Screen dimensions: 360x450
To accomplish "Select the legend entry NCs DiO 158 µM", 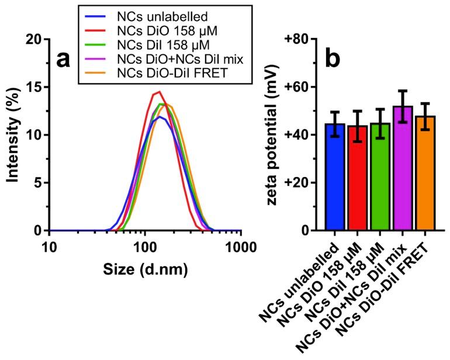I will pyautogui.click(x=156, y=30).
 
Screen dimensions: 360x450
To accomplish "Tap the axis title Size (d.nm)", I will pyautogui.click(x=146, y=271).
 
